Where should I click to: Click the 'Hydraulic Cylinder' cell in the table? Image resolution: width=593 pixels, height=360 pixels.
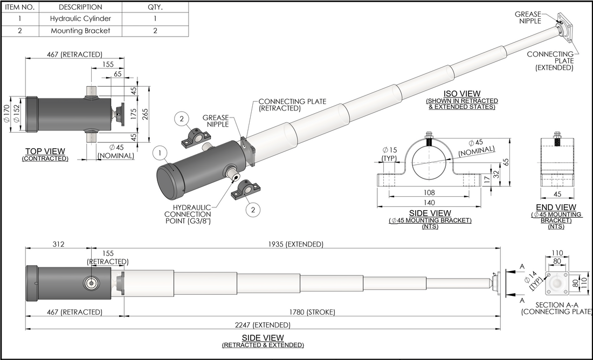click(80, 19)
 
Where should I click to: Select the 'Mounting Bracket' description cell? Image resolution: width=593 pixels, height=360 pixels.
click(80, 31)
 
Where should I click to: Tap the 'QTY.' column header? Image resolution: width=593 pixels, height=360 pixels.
click(155, 7)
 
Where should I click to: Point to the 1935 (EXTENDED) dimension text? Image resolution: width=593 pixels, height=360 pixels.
click(295, 244)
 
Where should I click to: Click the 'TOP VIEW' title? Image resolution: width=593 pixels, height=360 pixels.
click(45, 151)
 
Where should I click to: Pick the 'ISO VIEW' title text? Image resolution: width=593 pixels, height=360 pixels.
click(462, 94)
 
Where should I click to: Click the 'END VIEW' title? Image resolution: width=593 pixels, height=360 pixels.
click(556, 207)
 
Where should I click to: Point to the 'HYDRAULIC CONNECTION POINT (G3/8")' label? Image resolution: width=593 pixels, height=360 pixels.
click(188, 214)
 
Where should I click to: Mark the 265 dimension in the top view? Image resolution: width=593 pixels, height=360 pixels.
click(146, 113)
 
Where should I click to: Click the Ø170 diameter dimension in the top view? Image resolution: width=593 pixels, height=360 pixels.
click(7, 114)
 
